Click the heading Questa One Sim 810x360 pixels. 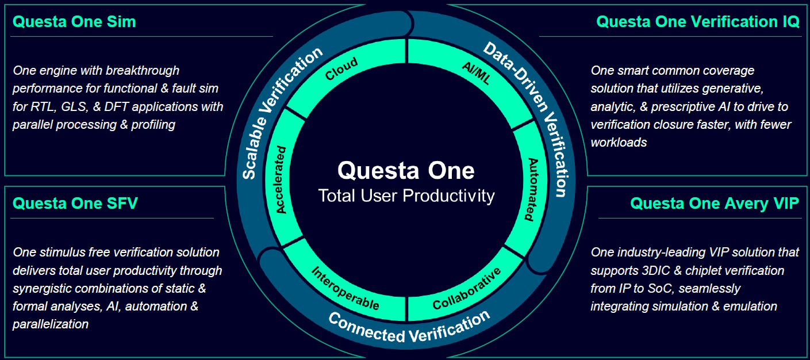74,22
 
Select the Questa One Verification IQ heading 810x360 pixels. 698,22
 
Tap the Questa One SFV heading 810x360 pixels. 75,204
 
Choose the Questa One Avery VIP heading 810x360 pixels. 715,204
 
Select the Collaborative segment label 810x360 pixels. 467,288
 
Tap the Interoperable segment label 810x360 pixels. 345,288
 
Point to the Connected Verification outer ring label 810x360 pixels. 409,327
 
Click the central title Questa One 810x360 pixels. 406,170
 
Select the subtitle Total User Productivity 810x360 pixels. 406,196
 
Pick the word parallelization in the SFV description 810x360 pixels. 51,324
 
